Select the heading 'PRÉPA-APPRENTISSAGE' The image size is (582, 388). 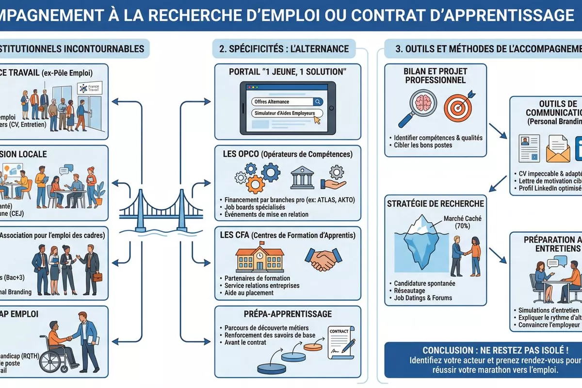pos(288,314)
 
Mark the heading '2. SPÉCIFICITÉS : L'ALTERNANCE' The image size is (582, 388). pos(284,48)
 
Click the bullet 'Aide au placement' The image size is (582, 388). pos(250,293)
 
